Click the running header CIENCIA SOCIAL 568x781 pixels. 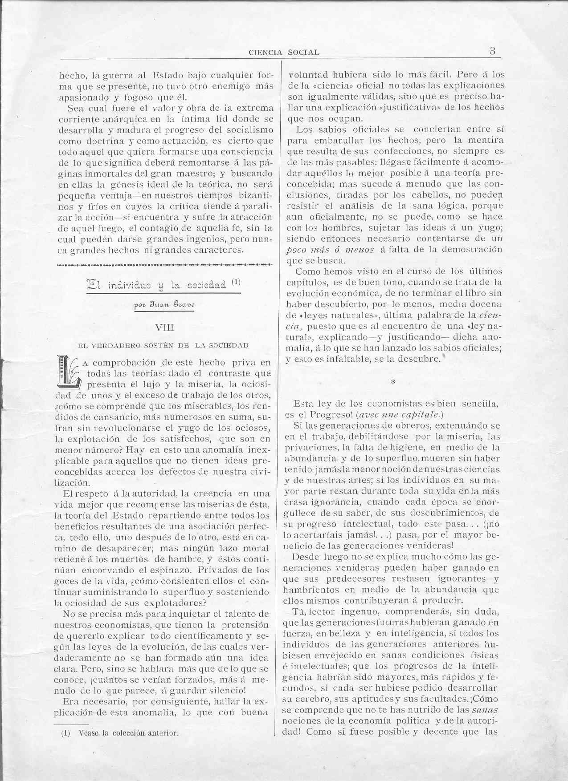pos(284,52)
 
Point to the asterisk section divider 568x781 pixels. pos(392,382)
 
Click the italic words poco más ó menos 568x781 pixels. pos(330,250)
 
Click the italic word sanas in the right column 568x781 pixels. pos(484,710)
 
